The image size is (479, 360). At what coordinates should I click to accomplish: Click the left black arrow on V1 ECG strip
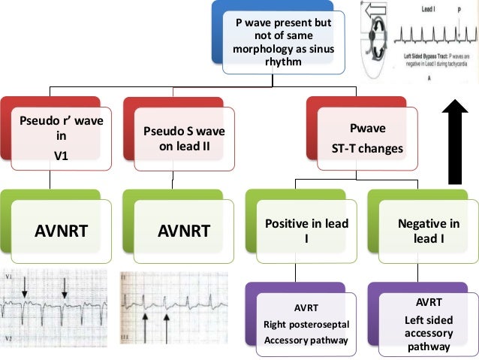[x=24, y=285]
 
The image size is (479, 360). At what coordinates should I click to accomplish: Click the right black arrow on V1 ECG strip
[x=65, y=285]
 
